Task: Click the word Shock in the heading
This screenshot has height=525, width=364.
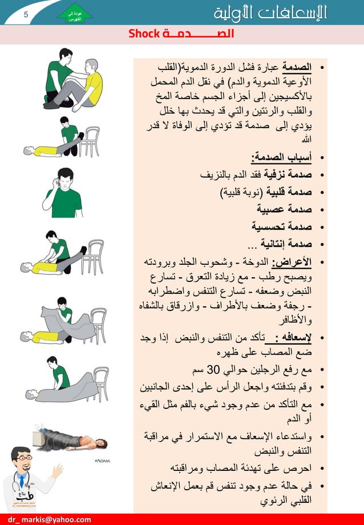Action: (143, 35)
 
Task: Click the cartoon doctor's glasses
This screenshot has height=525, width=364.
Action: (25, 461)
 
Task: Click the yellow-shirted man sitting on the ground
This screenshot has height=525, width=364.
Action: (86, 85)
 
